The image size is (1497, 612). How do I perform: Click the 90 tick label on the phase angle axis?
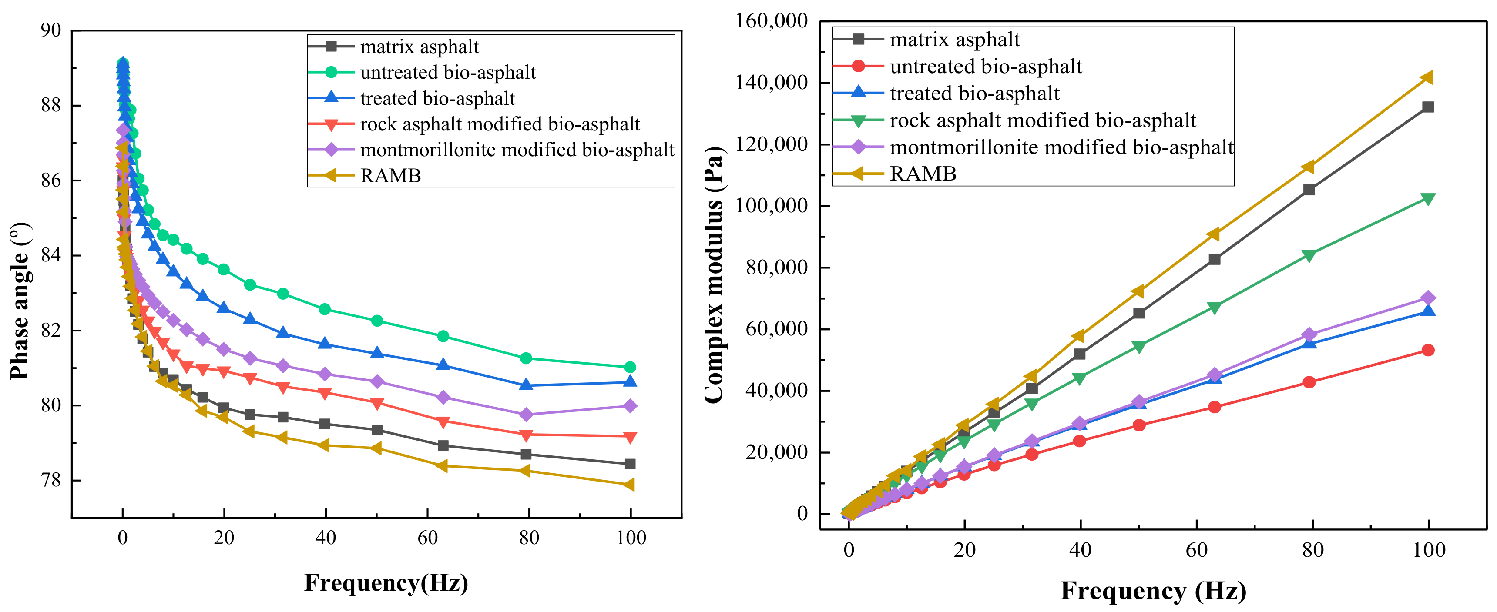pyautogui.click(x=50, y=30)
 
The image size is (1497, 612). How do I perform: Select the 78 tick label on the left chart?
pyautogui.click(x=50, y=480)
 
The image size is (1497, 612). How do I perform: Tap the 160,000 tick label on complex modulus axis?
pyautogui.click(x=771, y=21)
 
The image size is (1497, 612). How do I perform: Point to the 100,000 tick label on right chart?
pyautogui.click(x=771, y=206)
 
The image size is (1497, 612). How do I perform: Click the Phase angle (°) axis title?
pyautogui.click(x=20, y=301)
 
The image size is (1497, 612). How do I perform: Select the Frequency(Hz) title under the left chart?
pyautogui.click(x=386, y=582)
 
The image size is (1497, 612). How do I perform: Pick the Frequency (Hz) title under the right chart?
pyautogui.click(x=1153, y=591)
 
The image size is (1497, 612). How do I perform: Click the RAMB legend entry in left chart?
pyautogui.click(x=390, y=175)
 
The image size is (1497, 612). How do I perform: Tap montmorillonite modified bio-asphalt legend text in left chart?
pyautogui.click(x=517, y=150)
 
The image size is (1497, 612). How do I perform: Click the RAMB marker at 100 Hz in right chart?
pyautogui.click(x=1427, y=77)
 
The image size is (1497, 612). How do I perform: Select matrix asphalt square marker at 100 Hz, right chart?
pyautogui.click(x=1428, y=107)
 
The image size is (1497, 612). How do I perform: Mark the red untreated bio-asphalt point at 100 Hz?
pyautogui.click(x=1428, y=350)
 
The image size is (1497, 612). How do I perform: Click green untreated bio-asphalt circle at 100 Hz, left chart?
pyautogui.click(x=630, y=367)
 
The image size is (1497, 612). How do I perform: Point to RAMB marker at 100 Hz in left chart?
pyautogui.click(x=629, y=484)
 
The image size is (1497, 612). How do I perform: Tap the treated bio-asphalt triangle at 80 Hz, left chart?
pyautogui.click(x=527, y=385)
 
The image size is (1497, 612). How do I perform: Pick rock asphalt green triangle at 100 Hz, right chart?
pyautogui.click(x=1428, y=199)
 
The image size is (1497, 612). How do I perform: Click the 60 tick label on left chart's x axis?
pyautogui.click(x=427, y=538)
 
